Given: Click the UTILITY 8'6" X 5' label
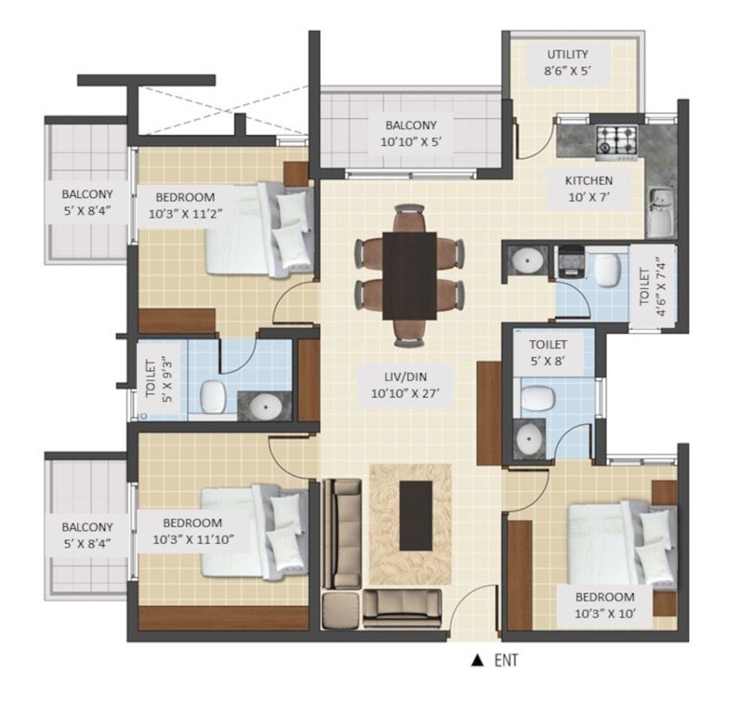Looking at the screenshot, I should point(567,63).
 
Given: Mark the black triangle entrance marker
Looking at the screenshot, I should point(477,661).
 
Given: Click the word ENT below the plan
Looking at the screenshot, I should point(507,661).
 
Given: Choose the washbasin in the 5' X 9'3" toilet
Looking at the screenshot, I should point(267,405).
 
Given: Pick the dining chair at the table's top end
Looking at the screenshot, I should point(408,218).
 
